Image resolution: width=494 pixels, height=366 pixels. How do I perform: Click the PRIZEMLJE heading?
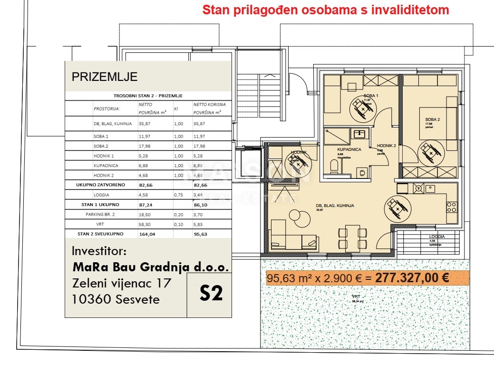[105, 77]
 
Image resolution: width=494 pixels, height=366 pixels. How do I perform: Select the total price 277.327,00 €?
[412, 278]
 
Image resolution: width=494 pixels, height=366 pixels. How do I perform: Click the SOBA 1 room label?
[371, 96]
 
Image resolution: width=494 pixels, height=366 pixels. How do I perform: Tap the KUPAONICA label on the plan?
[349, 149]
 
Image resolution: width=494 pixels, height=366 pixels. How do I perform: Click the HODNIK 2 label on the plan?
[386, 146]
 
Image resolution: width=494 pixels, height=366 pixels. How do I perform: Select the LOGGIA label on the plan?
[436, 236]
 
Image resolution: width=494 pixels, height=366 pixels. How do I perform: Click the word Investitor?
[99, 250]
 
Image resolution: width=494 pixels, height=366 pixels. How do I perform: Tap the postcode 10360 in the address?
[88, 299]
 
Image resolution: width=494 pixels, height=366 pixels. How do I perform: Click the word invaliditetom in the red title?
[410, 10]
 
